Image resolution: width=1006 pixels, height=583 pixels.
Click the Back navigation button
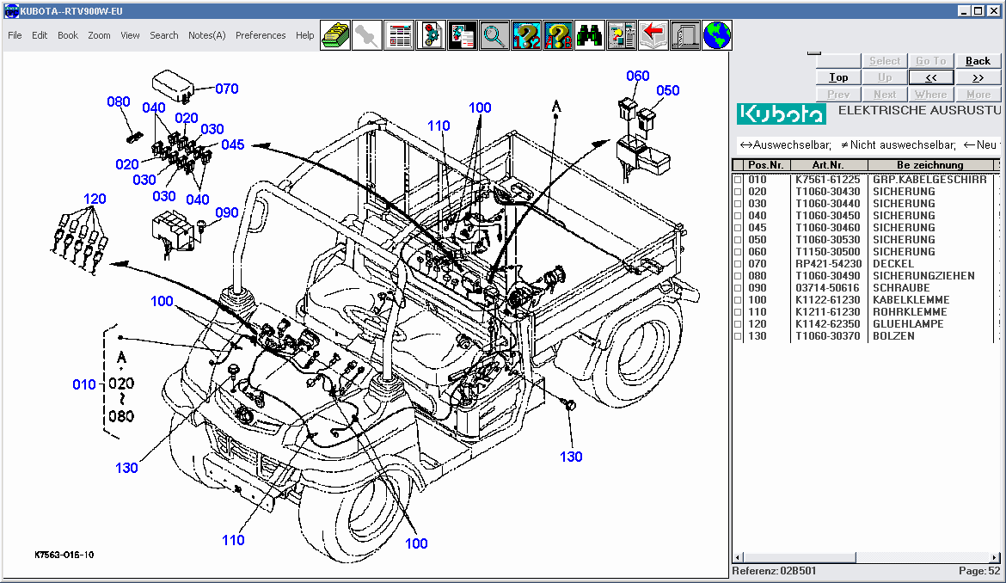tap(978, 61)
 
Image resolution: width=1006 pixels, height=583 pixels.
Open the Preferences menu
tap(261, 35)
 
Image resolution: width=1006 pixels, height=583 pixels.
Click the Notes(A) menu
tap(206, 35)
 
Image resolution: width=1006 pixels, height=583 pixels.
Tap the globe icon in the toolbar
tap(717, 35)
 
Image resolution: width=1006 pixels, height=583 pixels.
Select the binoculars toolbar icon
tap(589, 35)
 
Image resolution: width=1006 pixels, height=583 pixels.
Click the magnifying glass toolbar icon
tap(494, 35)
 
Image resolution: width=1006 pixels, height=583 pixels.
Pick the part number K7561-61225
tap(827, 180)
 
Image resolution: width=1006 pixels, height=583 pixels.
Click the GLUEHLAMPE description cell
tap(908, 324)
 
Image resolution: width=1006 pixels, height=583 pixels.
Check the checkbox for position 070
tap(737, 264)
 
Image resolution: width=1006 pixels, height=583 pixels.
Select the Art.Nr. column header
tap(828, 165)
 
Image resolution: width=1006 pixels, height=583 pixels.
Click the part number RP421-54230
tap(828, 264)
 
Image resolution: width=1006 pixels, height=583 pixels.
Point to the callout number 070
tap(227, 89)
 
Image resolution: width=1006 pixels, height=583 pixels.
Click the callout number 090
tap(227, 213)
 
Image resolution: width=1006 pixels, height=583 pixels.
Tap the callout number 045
tap(233, 144)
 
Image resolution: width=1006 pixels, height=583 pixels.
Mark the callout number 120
tap(95, 199)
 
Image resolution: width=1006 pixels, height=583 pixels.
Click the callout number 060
tap(637, 76)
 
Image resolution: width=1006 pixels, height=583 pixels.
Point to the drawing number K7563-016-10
tap(65, 555)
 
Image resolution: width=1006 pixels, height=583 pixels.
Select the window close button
tap(995, 10)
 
